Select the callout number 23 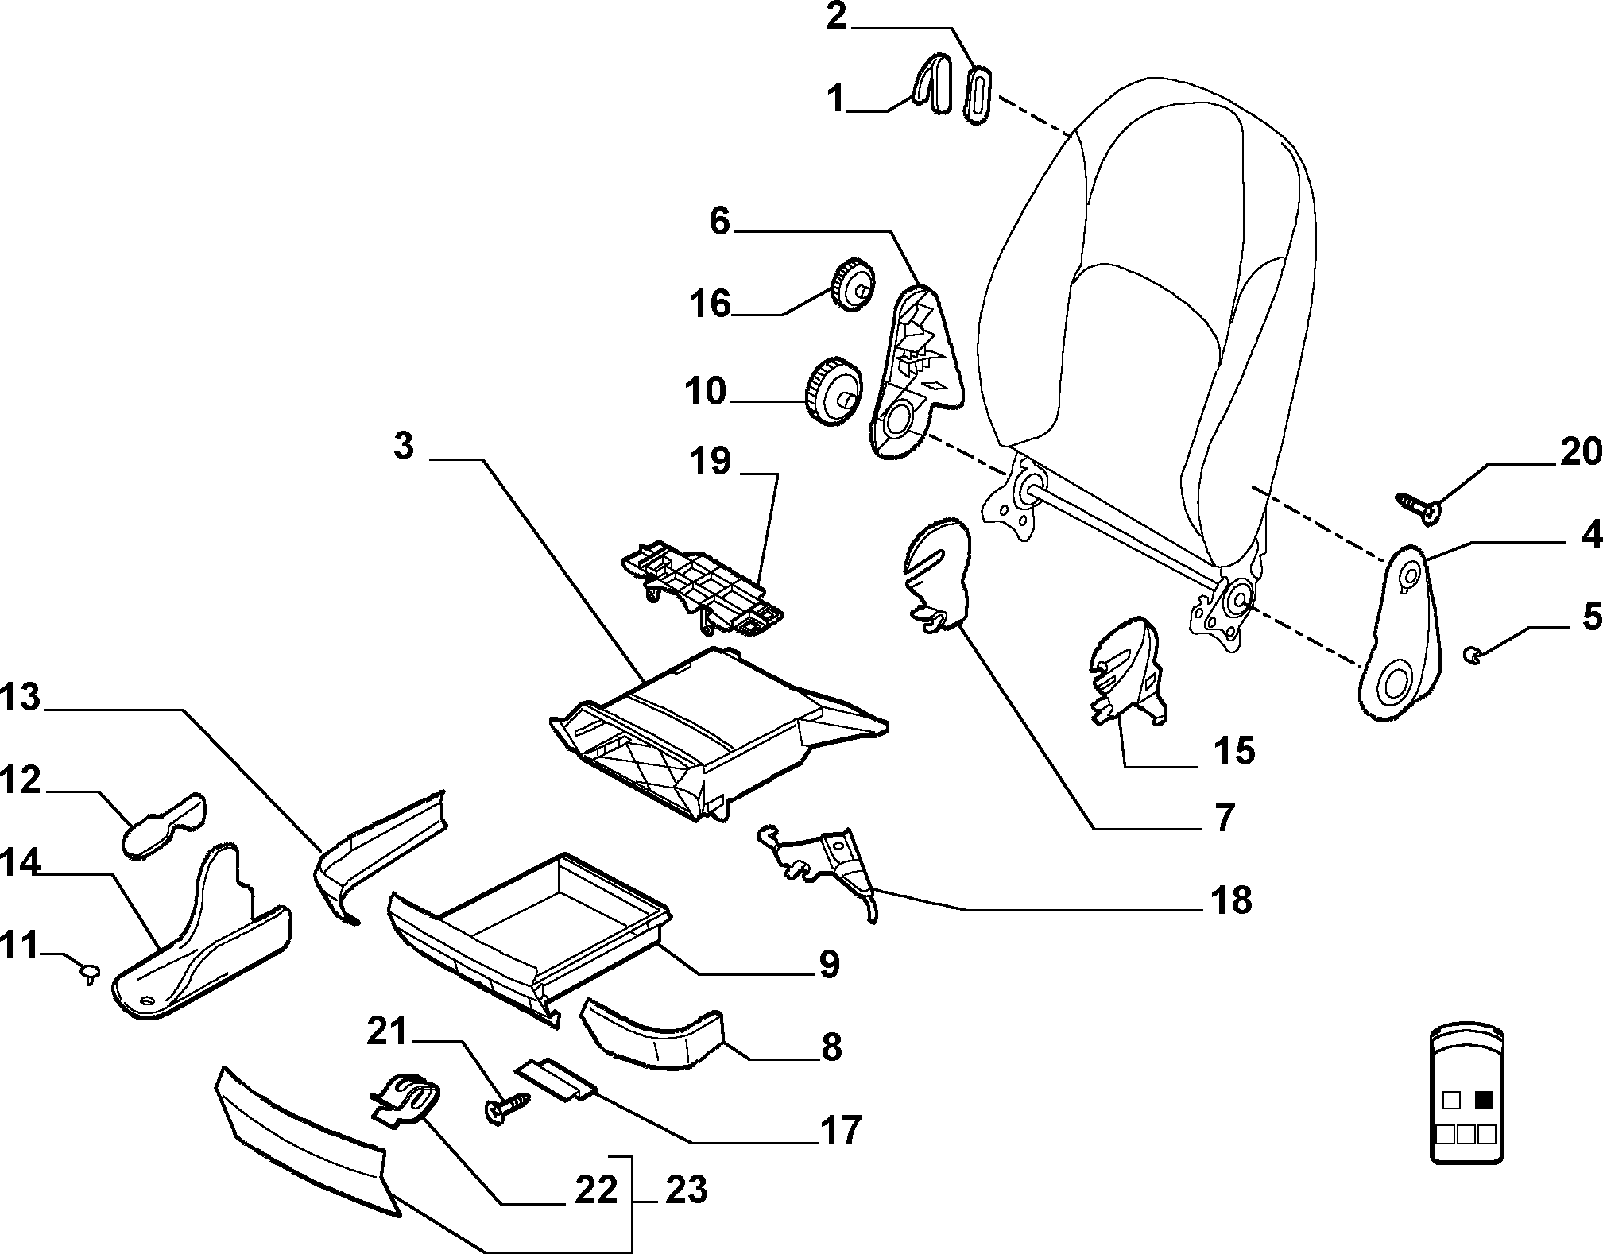pyautogui.click(x=686, y=1190)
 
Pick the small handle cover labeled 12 pyautogui.click(x=165, y=824)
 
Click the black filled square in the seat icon pyautogui.click(x=1483, y=1100)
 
